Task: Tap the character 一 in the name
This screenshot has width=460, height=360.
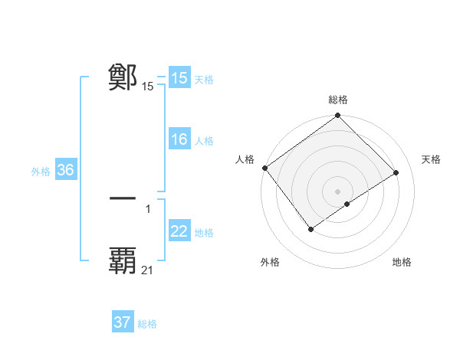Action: [123, 198]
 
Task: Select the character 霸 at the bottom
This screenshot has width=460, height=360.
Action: [123, 260]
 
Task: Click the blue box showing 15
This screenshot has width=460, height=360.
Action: [179, 78]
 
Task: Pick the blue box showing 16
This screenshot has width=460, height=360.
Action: [179, 139]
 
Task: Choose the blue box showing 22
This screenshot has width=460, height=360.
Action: [179, 231]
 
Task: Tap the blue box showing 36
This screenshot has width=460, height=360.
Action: [65, 170]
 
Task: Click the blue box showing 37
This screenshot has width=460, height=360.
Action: [123, 322]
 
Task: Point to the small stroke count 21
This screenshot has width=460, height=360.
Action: [148, 270]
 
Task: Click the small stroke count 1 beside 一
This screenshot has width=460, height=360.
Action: [148, 208]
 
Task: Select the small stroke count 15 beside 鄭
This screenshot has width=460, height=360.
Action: [148, 87]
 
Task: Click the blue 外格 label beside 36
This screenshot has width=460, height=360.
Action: [41, 172]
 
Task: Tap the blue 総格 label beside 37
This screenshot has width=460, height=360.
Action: [147, 324]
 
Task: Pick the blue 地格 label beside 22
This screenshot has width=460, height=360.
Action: [205, 233]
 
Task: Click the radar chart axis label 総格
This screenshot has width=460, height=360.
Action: [338, 100]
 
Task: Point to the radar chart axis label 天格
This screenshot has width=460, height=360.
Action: [432, 159]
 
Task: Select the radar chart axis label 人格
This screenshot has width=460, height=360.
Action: [245, 159]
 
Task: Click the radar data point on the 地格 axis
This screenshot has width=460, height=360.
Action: [347, 204]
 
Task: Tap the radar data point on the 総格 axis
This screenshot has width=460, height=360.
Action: [338, 116]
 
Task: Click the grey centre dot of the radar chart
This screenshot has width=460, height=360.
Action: [337, 191]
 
